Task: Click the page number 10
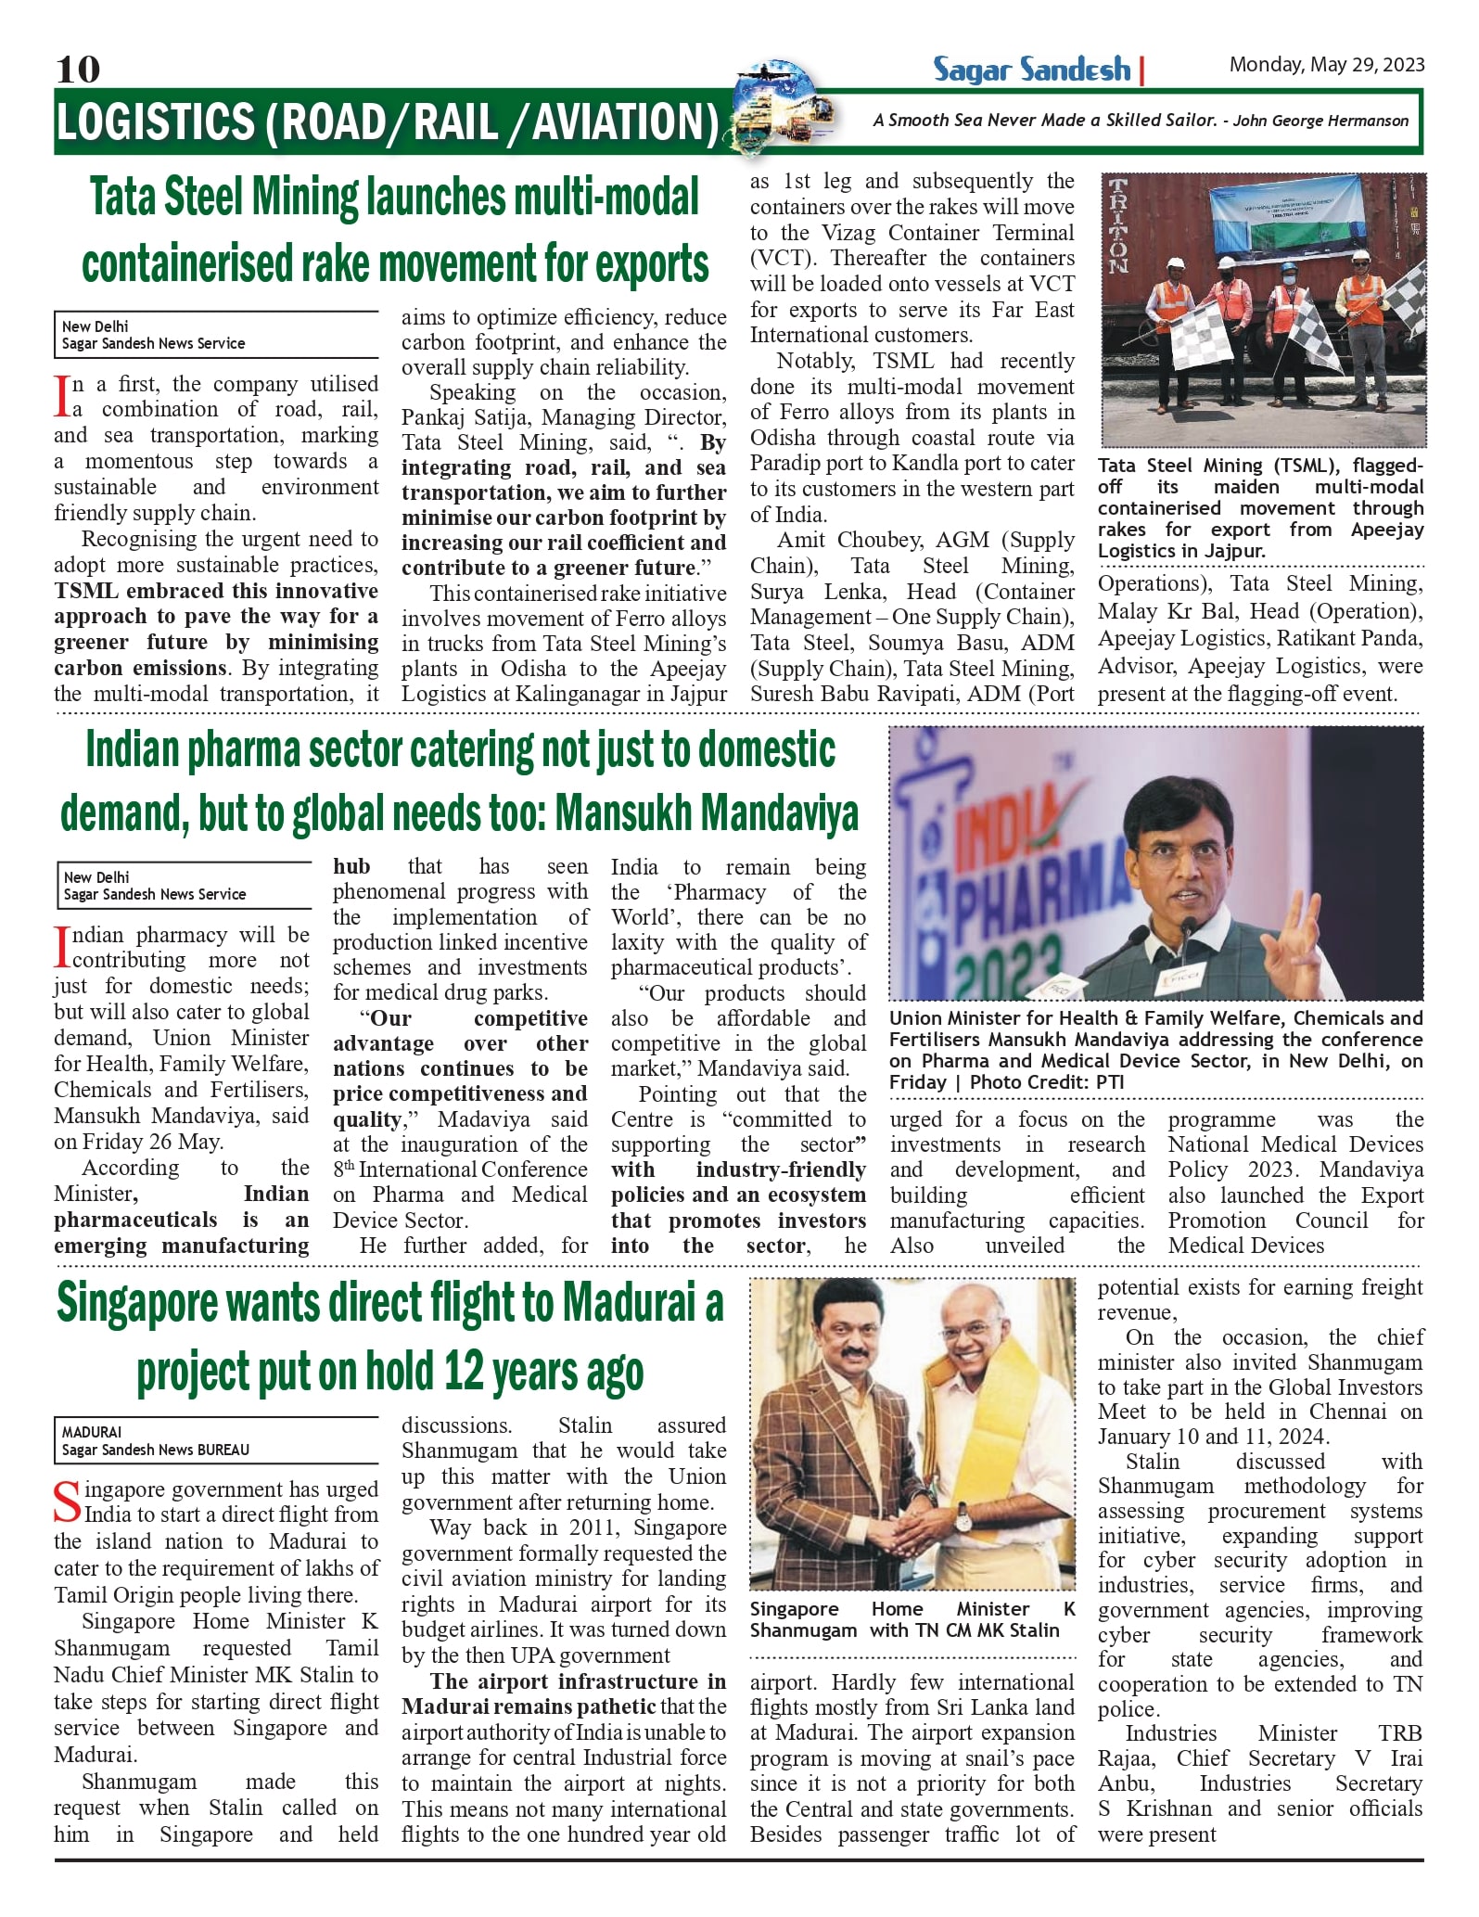pos(78,69)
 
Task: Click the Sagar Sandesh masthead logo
pos(1031,70)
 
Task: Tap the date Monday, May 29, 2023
pos(1326,65)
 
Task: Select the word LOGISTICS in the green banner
pos(155,122)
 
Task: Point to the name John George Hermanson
pos(1320,121)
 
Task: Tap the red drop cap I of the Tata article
pos(62,396)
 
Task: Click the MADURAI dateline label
pos(92,1432)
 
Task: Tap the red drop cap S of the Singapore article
pos(67,1502)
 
